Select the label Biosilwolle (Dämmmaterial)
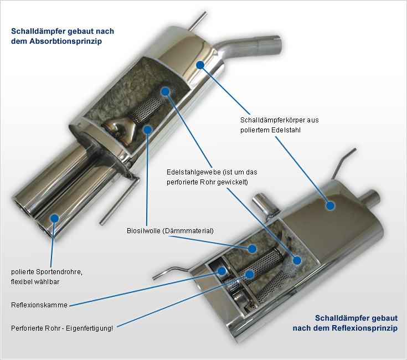pos(170,230)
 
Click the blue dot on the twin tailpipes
pos(54,218)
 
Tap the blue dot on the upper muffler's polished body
pos(200,65)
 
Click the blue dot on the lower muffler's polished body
pos(331,205)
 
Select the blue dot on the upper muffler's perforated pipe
pos(164,91)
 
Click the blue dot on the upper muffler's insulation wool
pos(147,129)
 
